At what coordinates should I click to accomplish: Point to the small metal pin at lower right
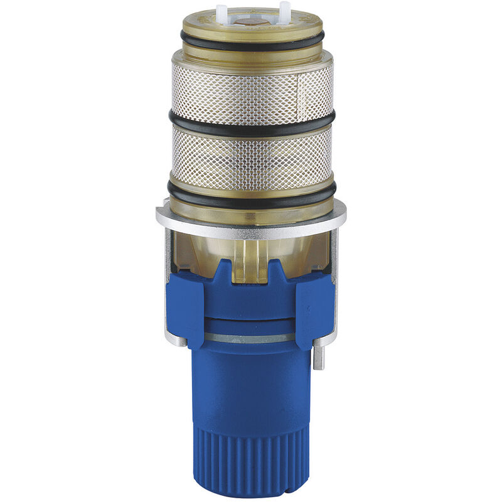click(319, 358)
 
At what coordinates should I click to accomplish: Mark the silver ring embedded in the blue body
click(251, 338)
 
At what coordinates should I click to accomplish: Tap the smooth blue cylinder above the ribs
click(251, 389)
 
